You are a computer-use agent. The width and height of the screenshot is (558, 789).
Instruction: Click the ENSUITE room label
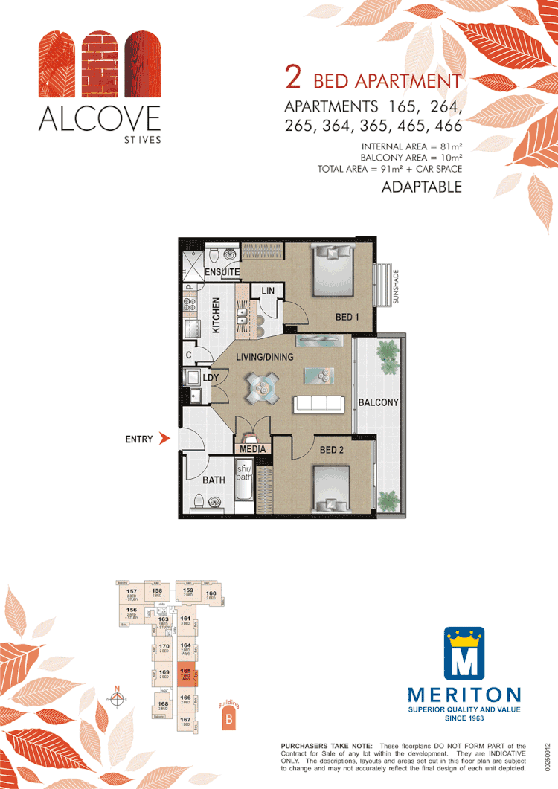[222, 273]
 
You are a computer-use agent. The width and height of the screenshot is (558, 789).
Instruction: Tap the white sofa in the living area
[319, 404]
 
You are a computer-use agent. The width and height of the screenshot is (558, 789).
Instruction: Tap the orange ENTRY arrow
[165, 439]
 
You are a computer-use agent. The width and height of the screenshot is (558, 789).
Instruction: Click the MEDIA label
[254, 449]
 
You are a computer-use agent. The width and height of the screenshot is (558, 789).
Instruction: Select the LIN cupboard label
[267, 292]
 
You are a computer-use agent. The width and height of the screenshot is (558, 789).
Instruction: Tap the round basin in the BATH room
[216, 501]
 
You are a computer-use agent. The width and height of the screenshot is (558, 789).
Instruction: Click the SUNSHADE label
[397, 286]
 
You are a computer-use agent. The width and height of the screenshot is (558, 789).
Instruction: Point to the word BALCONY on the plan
[379, 402]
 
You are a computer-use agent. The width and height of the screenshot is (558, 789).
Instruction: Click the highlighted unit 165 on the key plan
[186, 674]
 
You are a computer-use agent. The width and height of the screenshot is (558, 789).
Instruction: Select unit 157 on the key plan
[132, 594]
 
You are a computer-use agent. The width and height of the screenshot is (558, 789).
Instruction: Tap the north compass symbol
[117, 698]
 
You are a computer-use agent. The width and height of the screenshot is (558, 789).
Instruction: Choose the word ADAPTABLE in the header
[421, 187]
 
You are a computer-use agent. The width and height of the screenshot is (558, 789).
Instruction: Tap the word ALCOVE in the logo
[100, 118]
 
